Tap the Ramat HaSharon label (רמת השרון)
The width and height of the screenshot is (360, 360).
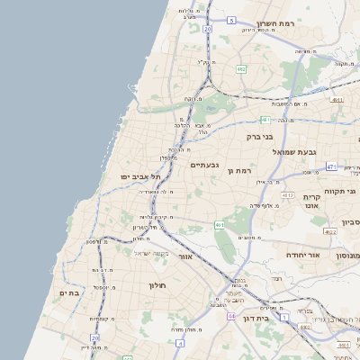[276, 23]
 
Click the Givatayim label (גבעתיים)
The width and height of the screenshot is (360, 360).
[204, 165]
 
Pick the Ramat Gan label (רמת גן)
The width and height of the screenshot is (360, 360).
[243, 170]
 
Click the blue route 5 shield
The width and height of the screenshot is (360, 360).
[231, 20]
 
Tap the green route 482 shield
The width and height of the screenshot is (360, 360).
[241, 68]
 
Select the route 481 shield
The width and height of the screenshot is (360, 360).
[265, 119]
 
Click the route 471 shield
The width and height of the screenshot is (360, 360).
[331, 166]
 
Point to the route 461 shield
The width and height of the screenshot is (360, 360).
[219, 224]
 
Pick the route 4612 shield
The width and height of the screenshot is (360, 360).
[287, 194]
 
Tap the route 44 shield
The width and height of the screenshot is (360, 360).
[231, 317]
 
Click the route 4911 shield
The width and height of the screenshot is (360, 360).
[336, 101]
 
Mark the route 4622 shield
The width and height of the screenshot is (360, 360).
[330, 232]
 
